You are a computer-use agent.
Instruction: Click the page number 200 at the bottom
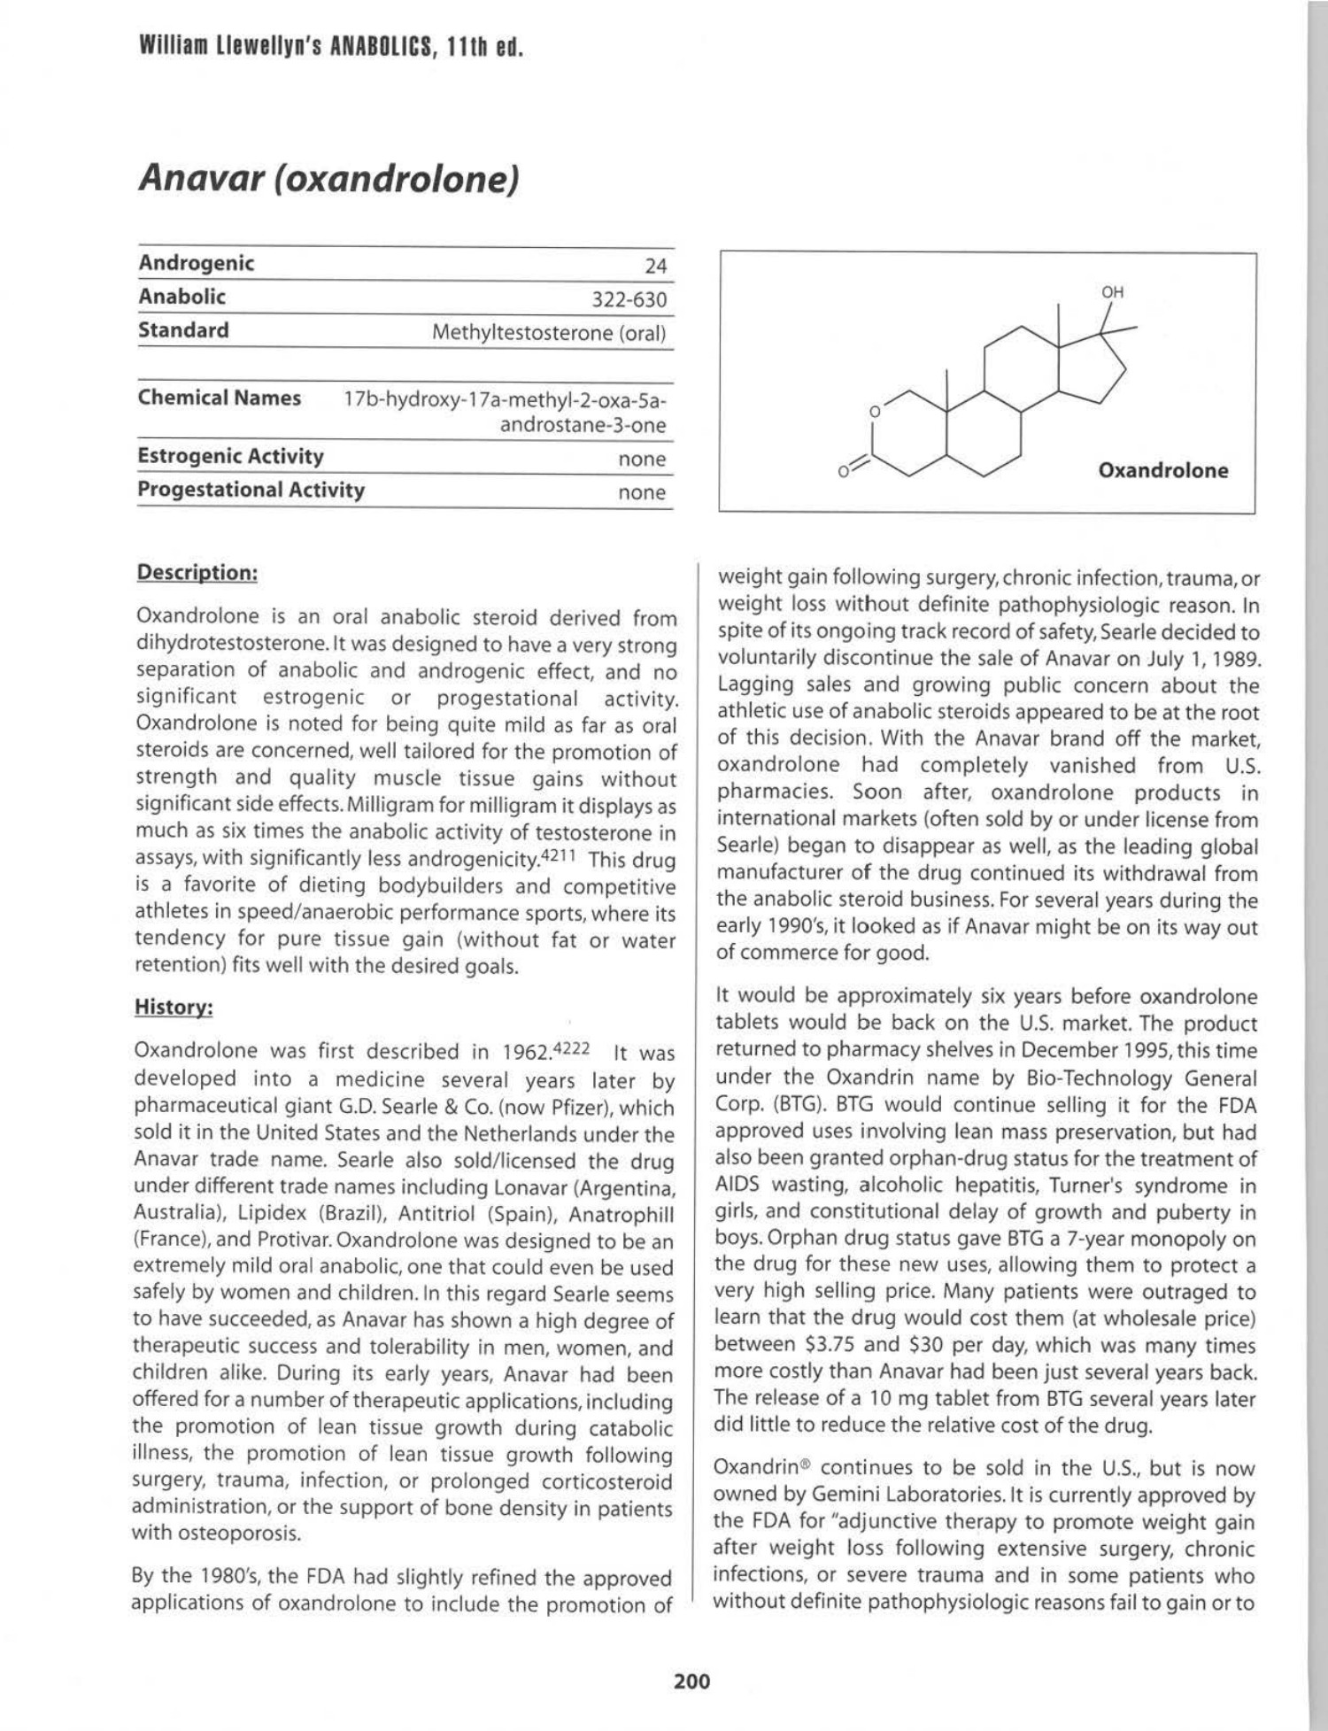tap(691, 1681)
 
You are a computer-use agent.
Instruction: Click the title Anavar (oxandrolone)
tap(328, 179)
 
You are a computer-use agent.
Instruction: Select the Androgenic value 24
tap(655, 266)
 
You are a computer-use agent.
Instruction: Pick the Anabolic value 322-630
tap(629, 299)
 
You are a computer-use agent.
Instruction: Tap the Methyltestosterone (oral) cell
tap(548, 333)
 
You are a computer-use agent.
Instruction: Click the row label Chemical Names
tap(219, 398)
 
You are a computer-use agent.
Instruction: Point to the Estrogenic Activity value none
tap(641, 459)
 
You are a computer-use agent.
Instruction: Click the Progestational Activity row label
tap(251, 490)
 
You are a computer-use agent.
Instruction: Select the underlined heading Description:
tap(197, 572)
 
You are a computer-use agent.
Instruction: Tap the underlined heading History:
tap(174, 1007)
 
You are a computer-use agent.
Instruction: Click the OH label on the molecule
tap(1112, 292)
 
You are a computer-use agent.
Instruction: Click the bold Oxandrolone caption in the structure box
tap(1162, 470)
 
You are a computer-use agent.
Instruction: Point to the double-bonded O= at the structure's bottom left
tap(847, 470)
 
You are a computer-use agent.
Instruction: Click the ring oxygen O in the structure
tap(874, 412)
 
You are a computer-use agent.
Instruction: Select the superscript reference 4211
tap(560, 854)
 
